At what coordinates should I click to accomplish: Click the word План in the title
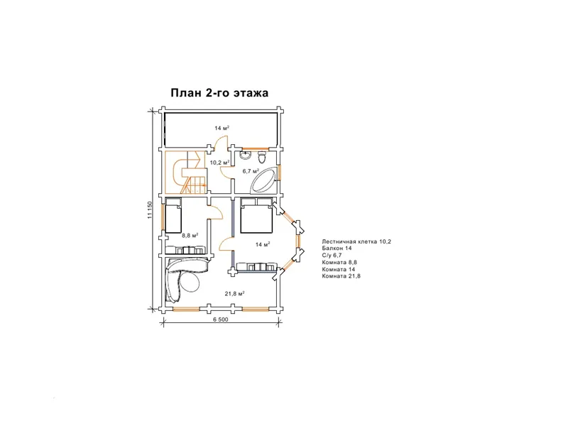point(186,93)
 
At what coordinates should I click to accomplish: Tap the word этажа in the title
point(251,94)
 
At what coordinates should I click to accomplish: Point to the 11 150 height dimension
point(150,209)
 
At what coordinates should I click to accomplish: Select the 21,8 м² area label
point(235,293)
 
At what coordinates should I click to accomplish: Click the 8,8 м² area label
point(190,236)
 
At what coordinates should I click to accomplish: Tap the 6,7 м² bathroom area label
point(251,171)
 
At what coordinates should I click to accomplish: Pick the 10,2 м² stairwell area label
point(220,163)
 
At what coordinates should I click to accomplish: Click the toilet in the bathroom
point(262,158)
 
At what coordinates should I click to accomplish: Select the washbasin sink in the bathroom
point(245,155)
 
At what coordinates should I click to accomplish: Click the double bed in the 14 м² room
point(256,215)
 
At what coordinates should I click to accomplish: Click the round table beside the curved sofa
point(190,280)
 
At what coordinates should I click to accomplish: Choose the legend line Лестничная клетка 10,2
point(356,241)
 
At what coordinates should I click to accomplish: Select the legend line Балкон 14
point(337,248)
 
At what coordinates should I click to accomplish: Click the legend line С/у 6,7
point(332,256)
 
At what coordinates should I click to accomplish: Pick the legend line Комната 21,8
point(341,276)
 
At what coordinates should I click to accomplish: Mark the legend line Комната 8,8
point(339,262)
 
